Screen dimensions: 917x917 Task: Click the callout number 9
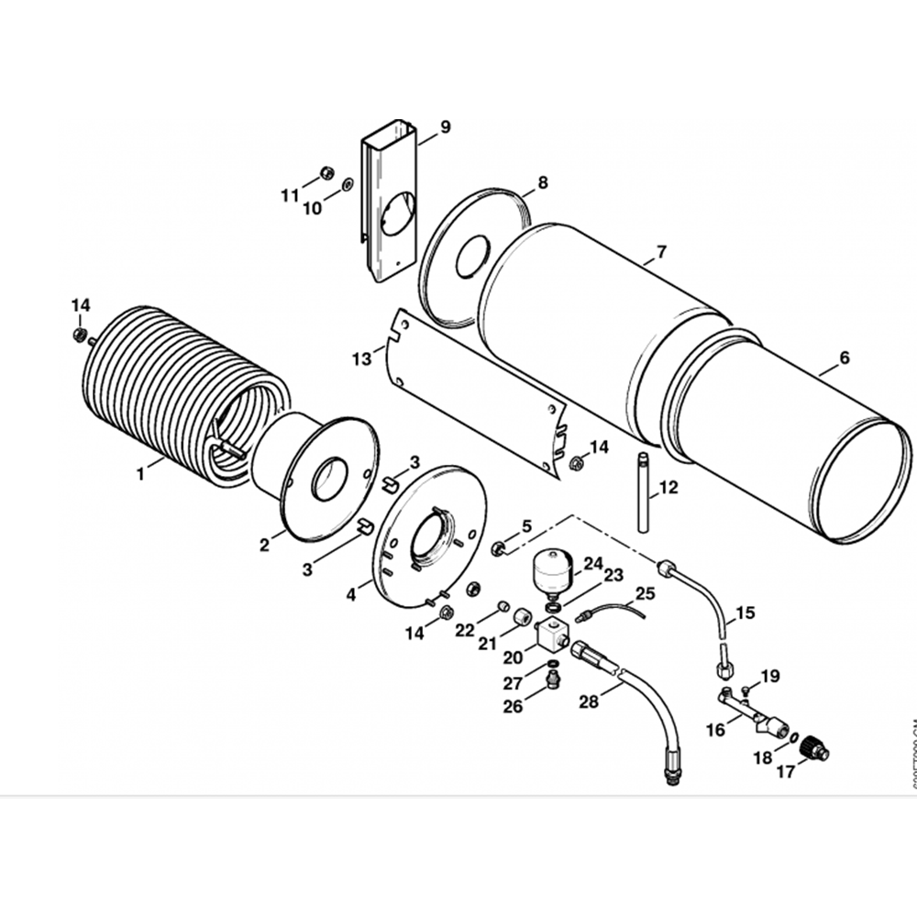446,127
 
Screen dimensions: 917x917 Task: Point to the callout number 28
590,702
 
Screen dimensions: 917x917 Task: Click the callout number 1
140,474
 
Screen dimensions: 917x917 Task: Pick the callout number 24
593,562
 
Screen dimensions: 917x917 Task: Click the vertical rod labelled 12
643,492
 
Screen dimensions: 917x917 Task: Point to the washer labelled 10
348,186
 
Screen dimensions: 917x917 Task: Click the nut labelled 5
501,548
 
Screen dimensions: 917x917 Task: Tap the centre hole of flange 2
329,480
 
